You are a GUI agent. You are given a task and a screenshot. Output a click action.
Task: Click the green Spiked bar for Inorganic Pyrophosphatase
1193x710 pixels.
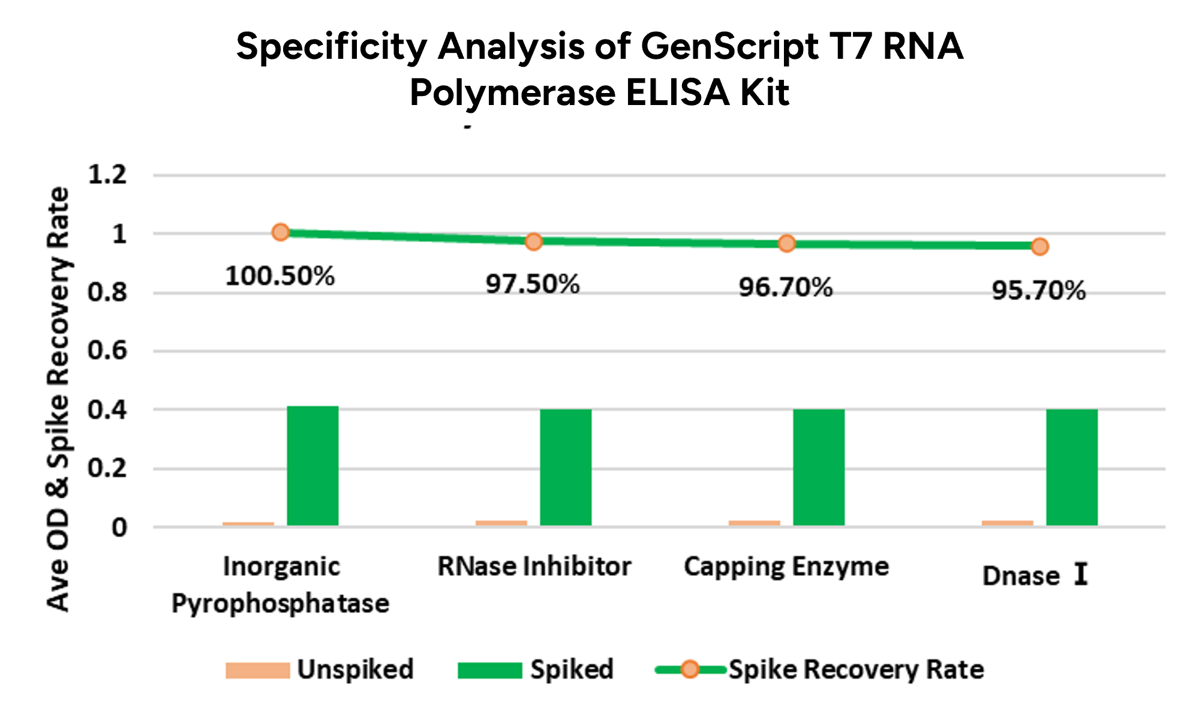coord(312,466)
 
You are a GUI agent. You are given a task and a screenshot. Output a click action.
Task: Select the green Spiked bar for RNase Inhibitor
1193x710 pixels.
coord(566,467)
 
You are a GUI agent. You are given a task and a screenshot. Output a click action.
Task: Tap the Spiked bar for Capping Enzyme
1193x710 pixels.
coord(819,467)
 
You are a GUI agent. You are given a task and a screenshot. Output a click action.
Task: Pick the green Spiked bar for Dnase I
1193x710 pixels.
coord(1072,467)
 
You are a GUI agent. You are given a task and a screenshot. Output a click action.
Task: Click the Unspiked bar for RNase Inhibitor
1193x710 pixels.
coord(501,523)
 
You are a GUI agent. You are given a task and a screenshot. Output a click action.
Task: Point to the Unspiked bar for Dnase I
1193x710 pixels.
coord(1008,523)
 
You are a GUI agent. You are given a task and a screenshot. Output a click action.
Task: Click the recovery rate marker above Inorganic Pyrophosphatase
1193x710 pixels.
coord(281,232)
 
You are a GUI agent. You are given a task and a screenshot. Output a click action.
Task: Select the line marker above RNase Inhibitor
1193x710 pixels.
coord(534,241)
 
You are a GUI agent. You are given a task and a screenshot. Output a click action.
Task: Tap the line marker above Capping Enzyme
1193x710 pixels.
coord(787,244)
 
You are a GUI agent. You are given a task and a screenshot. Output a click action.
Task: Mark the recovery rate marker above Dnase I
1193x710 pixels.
coord(1040,247)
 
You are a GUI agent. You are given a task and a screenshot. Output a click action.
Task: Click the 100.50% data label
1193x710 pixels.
coord(280,277)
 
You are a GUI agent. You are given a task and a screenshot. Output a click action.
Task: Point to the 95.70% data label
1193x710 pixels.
coord(1038,291)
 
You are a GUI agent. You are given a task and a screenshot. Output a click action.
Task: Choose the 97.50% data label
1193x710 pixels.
coord(533,284)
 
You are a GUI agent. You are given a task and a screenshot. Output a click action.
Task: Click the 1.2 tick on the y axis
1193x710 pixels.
coord(107,175)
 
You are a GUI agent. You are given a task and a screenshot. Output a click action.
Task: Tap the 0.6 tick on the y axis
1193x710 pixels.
coord(107,351)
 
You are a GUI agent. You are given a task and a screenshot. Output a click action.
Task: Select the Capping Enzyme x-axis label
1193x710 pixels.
coord(786,567)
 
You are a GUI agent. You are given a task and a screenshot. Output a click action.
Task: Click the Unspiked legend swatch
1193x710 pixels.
coord(257,670)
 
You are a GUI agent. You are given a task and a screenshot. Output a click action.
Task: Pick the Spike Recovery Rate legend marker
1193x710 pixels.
coord(690,670)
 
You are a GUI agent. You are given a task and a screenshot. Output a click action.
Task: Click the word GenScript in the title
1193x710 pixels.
coord(730,47)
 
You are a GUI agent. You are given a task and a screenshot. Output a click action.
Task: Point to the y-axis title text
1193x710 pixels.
coord(59,399)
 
